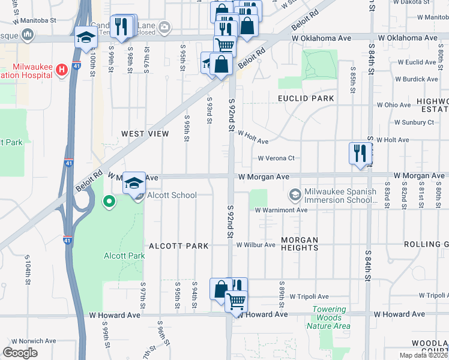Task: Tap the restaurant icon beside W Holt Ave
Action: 359,152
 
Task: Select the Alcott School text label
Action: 172,195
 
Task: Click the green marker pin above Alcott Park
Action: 109,202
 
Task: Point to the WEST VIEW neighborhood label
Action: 145,134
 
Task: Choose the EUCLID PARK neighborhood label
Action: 305,98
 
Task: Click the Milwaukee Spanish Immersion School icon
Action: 295,195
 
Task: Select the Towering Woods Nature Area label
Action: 328,318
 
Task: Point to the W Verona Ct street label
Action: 276,158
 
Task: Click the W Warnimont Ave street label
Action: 281,211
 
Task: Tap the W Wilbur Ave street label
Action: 259,245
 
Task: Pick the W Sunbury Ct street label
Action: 414,122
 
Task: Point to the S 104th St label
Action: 28,268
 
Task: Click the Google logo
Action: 20,353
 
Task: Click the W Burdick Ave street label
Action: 416,79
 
